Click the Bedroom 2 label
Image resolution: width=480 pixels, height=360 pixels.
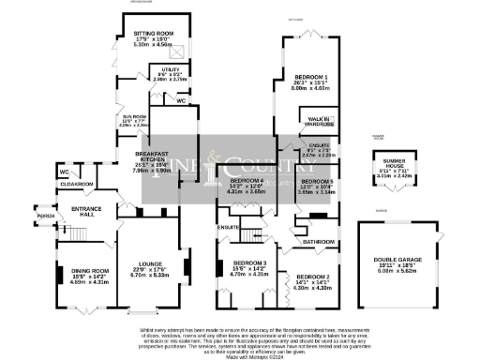[x=314, y=278]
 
